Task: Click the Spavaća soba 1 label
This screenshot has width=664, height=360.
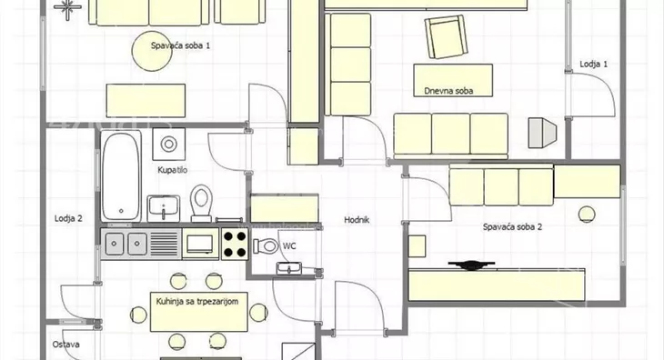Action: (x=180, y=45)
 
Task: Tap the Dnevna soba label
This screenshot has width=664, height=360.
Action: (x=448, y=91)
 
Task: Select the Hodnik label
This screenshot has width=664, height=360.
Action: (x=357, y=220)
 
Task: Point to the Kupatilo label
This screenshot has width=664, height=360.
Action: (x=172, y=170)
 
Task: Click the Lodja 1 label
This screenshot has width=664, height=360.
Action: (x=593, y=64)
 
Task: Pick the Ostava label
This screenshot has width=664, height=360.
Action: (x=66, y=345)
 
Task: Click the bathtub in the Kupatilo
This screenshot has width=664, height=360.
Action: (x=121, y=176)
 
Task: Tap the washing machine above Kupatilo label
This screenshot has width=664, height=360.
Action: (x=168, y=145)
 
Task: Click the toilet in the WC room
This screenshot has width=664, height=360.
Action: (x=266, y=245)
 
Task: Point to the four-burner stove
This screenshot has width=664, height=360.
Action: (x=235, y=244)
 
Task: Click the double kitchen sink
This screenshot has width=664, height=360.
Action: (x=126, y=244)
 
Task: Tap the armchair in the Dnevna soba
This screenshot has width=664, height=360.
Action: (x=447, y=36)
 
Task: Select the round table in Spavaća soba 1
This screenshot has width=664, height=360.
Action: (x=152, y=51)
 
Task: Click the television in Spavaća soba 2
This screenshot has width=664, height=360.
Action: (x=471, y=265)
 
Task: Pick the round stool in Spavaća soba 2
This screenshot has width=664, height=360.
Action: (x=587, y=215)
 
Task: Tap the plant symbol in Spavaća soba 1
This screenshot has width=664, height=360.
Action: (x=67, y=7)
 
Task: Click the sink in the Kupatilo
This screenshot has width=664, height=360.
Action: (x=164, y=208)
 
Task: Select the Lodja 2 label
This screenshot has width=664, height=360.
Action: (x=68, y=218)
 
